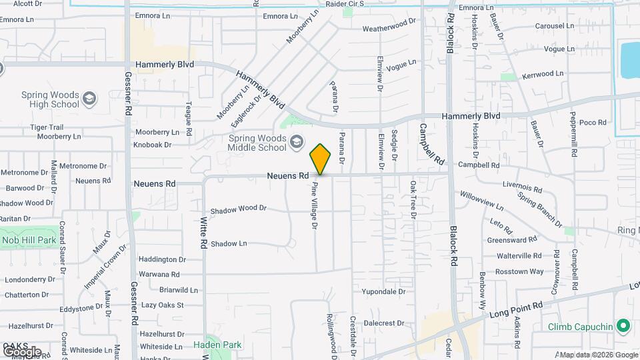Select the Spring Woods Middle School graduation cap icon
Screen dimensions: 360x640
[x=296, y=142]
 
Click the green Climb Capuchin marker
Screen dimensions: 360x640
[x=623, y=326]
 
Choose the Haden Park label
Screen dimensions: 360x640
[x=217, y=345]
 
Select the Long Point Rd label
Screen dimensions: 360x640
[x=516, y=309]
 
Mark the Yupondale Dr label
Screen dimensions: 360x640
[x=383, y=292]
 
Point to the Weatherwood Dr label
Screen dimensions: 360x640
[x=389, y=29]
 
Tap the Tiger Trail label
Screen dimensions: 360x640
[x=46, y=127]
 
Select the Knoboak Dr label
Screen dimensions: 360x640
[x=153, y=144]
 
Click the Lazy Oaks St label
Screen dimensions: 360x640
[x=162, y=305]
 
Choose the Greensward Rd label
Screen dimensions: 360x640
[x=512, y=239]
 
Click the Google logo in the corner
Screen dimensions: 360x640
[x=21, y=351]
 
